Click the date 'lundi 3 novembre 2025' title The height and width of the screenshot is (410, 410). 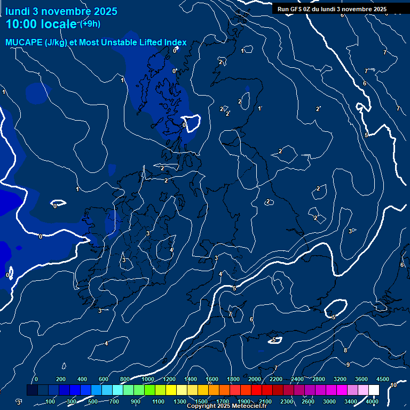61,11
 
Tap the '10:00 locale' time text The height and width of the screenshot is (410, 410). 41,24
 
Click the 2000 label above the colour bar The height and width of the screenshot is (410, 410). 255,379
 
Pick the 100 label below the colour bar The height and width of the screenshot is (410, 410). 51,401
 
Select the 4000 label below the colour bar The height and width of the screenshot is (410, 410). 372,401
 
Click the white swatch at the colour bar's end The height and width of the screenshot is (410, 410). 374,390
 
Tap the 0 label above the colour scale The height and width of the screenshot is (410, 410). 36,379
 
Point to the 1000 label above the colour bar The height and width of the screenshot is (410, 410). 148,379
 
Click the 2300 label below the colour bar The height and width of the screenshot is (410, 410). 287,401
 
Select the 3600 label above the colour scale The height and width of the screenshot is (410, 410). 361,379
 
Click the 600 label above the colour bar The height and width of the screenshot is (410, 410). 104,379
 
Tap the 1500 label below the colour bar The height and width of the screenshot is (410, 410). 201,401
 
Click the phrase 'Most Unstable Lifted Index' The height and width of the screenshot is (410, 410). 140,43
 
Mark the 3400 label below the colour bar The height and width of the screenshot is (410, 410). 351,401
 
